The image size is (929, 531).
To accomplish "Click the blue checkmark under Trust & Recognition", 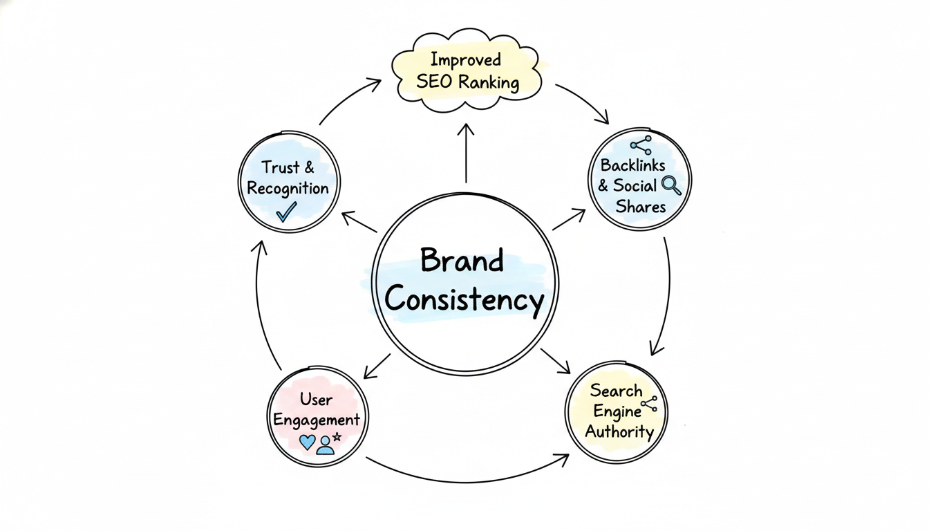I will [x=286, y=211].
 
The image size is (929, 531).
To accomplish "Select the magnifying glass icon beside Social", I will [x=671, y=185].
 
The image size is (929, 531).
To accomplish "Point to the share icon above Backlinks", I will [x=641, y=145].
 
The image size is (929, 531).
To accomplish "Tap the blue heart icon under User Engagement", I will [x=307, y=442].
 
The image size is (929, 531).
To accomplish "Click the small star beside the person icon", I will [x=337, y=437].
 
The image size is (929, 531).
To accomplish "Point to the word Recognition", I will [x=288, y=188].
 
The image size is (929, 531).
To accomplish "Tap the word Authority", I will [x=619, y=432].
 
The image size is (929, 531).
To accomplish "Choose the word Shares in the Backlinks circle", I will [x=640, y=207].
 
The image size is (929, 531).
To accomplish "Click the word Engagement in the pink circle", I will [x=317, y=420].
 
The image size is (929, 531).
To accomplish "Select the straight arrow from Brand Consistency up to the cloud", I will [x=466, y=156].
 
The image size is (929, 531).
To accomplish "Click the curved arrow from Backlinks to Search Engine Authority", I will [x=667, y=290].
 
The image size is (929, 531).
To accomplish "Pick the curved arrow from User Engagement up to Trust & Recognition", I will [x=259, y=304].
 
